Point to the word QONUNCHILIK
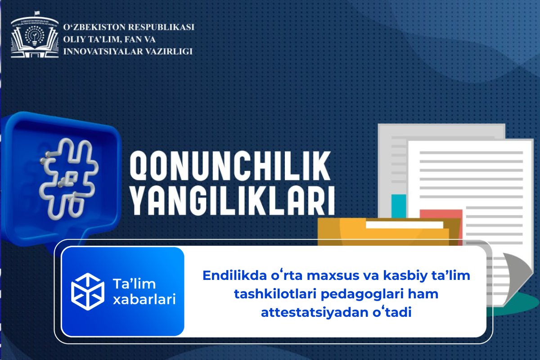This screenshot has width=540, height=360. click(230, 166)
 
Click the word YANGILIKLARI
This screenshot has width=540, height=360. click(232, 201)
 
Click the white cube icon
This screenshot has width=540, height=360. click(88, 292)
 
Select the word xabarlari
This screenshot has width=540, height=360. click(144, 300)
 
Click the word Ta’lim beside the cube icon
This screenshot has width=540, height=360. click(134, 284)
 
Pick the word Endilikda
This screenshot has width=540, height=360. click(234, 275)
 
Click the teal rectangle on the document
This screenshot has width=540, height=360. click(399, 206)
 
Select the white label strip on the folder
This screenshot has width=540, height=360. click(405, 225)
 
